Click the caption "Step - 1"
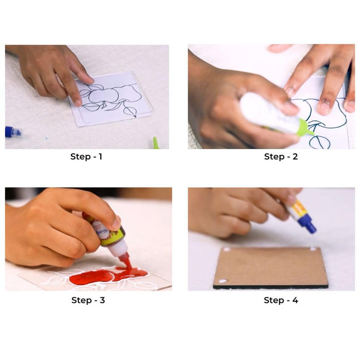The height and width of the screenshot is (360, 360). coord(86,157)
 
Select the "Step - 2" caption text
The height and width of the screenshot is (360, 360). coord(281,157)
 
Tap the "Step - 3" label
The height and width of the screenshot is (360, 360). coord(88,300)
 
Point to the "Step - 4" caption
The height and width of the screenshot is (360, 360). coord(281,300)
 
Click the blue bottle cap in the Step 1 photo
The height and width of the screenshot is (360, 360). coord(12,132)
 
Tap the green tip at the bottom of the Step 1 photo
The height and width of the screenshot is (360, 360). coord(155,143)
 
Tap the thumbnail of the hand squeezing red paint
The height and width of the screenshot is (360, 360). coord(88,239)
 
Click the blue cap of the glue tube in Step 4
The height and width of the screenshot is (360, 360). coord(308,224)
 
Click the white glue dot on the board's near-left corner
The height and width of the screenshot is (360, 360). coord(222,281)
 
